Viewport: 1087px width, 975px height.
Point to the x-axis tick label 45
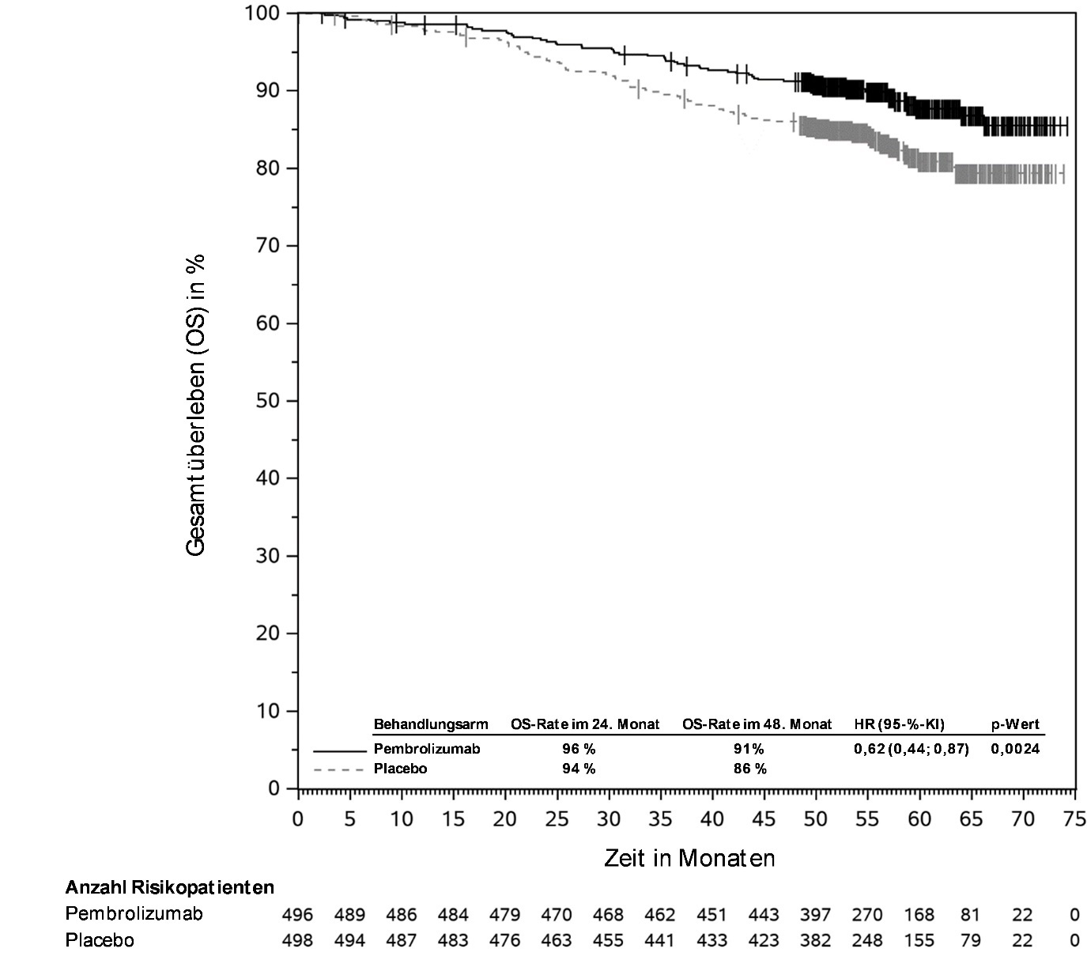764,819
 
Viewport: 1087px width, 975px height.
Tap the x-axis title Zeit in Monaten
689,858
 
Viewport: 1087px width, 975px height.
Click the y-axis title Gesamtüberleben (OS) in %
196,405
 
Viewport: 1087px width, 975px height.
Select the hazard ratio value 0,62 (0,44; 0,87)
911,749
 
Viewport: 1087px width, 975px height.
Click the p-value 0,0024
1015,749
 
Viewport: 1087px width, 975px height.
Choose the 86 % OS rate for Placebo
749,769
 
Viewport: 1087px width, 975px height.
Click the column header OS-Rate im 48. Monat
757,724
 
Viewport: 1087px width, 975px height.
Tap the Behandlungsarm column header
431,724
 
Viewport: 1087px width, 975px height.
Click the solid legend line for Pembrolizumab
340,750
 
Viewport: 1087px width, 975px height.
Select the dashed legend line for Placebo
340,769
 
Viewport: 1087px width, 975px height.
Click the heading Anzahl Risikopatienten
169,887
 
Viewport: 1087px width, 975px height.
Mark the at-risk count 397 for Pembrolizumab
815,915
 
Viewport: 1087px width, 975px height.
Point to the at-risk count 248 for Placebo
867,941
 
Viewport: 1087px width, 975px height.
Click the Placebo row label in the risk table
100,941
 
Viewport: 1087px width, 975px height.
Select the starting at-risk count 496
297,915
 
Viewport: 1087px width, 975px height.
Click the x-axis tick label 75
1074,819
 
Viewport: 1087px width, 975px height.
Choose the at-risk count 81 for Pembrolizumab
970,915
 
